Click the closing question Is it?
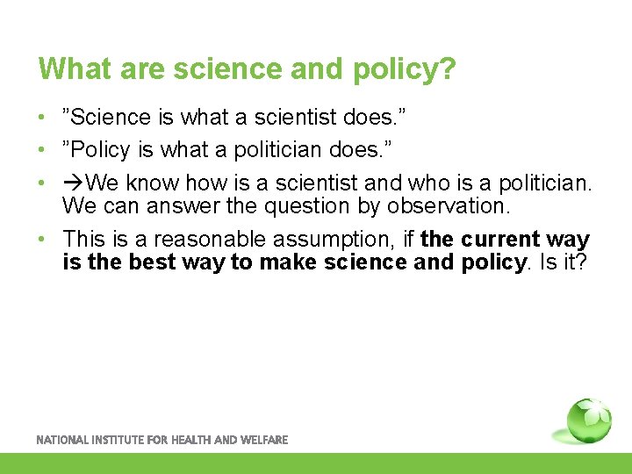[564, 262]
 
